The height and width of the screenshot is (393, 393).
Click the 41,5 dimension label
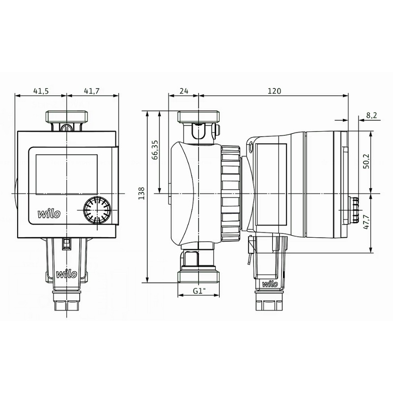pyautogui.click(x=41, y=91)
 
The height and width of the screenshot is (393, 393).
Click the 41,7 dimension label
pyautogui.click(x=91, y=91)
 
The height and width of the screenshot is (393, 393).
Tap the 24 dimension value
pyautogui.click(x=184, y=91)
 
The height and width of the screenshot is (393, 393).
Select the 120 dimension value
pyautogui.click(x=274, y=91)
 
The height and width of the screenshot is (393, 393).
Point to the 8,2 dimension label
pyautogui.click(x=371, y=115)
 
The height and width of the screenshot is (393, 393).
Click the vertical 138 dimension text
pyautogui.click(x=141, y=193)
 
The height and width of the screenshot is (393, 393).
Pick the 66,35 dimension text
pyautogui.click(x=155, y=150)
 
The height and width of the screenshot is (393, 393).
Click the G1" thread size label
pyautogui.click(x=199, y=291)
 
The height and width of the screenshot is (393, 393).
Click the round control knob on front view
pyautogui.click(x=97, y=210)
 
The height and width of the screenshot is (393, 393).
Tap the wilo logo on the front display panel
pyautogui.click(x=49, y=214)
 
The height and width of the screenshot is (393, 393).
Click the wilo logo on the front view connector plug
pyautogui.click(x=66, y=274)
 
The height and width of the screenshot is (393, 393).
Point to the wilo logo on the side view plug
pyautogui.click(x=270, y=284)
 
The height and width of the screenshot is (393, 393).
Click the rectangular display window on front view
pyautogui.click(x=66, y=174)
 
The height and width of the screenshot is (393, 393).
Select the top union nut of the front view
pyautogui.click(x=67, y=117)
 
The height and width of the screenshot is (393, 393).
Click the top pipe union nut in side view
pyautogui.click(x=198, y=117)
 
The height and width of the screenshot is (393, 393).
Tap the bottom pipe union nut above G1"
pyautogui.click(x=198, y=277)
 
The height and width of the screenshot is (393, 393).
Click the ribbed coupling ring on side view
pyautogui.click(x=230, y=194)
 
